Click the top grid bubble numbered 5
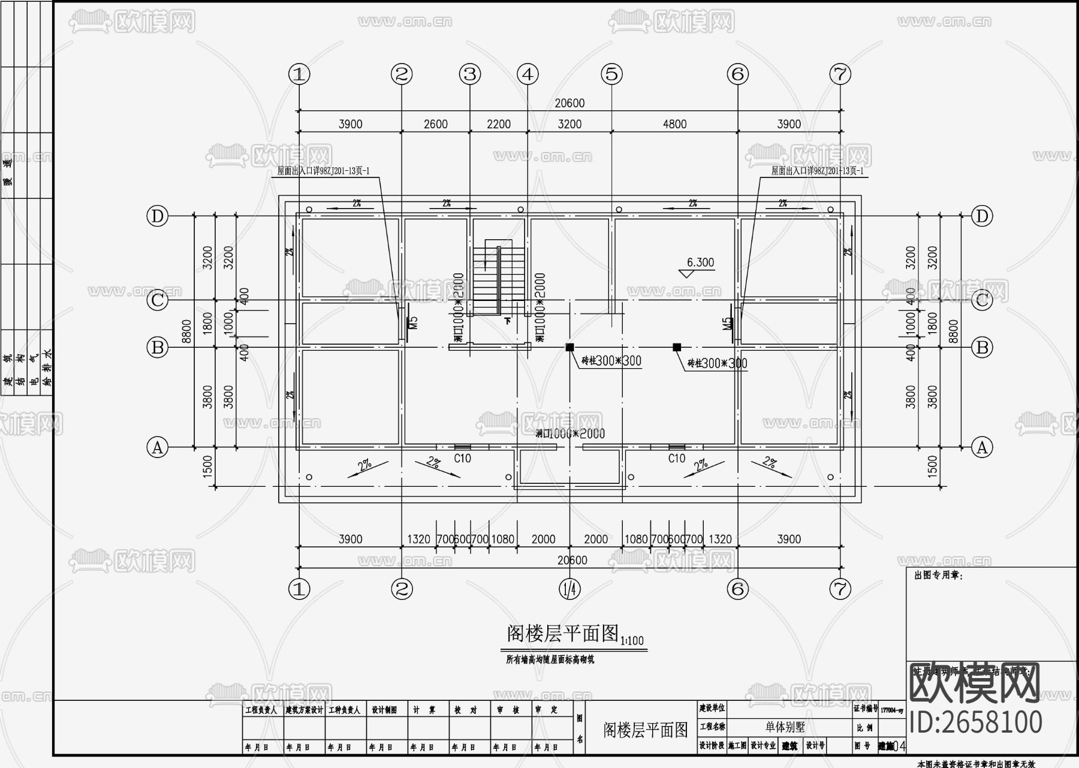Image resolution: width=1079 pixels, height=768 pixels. pos(611,74)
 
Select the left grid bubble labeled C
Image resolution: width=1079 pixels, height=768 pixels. pos(157,300)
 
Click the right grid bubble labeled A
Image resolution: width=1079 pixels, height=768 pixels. pos(982,447)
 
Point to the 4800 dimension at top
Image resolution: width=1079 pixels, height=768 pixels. pos(674,124)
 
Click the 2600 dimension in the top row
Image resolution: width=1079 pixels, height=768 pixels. pos(436,124)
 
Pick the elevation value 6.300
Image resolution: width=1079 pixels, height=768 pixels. pos(700,262)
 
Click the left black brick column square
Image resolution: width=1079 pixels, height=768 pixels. pos(569,347)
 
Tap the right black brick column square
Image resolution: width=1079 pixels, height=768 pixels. pos(677,347)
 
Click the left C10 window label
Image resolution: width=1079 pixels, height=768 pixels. pos(462,459)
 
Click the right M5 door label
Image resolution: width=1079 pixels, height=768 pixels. pos(727,324)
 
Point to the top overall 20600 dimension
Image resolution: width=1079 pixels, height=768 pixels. pos(569,103)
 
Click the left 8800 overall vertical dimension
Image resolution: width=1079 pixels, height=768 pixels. pos(186,331)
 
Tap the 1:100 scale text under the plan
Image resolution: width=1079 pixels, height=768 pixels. pos(632,641)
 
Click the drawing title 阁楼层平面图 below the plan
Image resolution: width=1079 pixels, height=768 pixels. pos(562,633)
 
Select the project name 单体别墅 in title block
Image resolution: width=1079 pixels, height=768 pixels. pos(785,727)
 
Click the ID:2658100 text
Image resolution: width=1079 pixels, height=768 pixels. pos(976,722)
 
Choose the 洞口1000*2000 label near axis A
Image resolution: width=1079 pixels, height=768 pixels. pos(569,433)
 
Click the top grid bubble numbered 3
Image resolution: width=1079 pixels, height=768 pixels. pos(470,74)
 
